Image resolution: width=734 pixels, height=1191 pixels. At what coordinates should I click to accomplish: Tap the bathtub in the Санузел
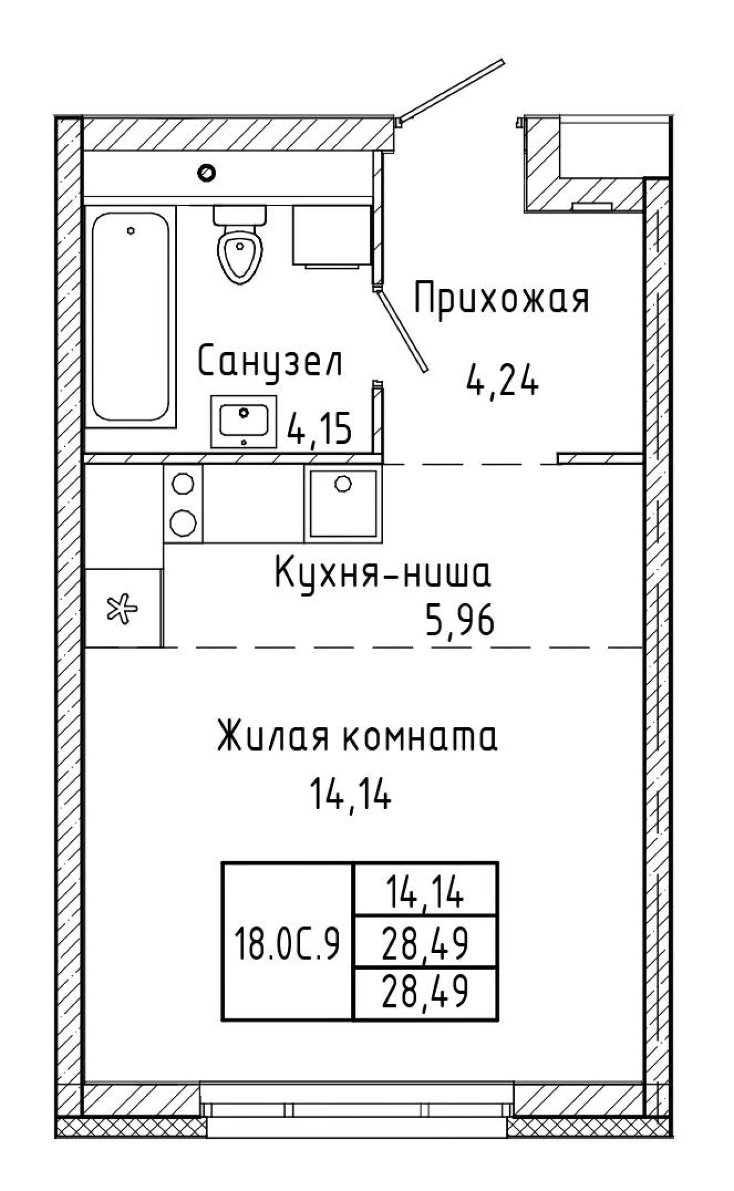(x=131, y=317)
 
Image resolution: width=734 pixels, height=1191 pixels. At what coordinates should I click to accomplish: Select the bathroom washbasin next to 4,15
(x=244, y=421)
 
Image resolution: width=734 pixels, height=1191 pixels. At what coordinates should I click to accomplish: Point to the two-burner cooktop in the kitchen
(x=183, y=503)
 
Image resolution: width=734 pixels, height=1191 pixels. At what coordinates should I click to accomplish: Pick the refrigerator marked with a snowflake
(x=124, y=608)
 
